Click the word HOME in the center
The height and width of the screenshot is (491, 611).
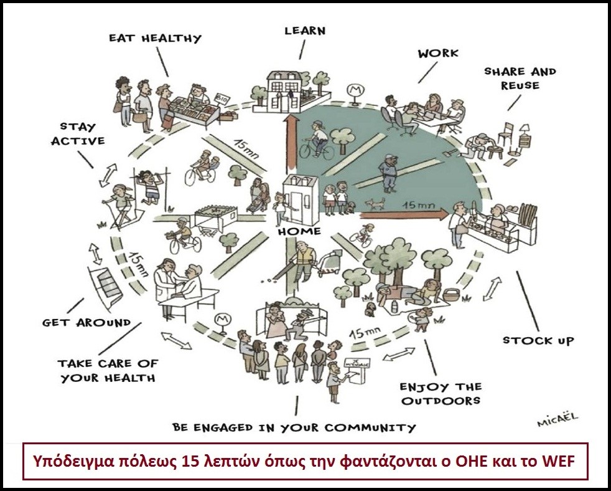[x=300, y=231]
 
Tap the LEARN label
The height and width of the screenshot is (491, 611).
[x=305, y=30]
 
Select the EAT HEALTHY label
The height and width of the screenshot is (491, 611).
[x=156, y=38]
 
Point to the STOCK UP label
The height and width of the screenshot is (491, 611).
[x=538, y=340]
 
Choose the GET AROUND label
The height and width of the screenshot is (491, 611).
[x=86, y=322]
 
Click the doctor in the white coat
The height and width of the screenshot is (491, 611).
[x=167, y=280]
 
